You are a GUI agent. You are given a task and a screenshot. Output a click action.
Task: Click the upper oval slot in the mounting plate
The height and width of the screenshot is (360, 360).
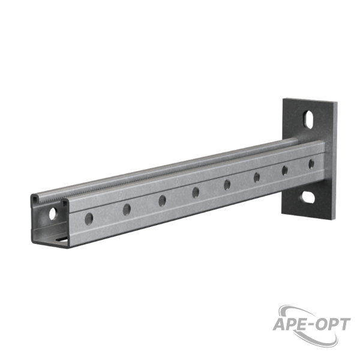[x=308, y=119]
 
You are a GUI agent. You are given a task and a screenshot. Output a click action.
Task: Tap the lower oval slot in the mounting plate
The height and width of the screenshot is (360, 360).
[x=308, y=197]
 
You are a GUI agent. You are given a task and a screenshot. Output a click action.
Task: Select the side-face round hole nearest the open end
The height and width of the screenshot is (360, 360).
[x=89, y=219]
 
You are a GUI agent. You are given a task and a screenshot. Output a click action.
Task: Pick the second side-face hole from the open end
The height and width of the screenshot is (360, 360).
[x=127, y=209]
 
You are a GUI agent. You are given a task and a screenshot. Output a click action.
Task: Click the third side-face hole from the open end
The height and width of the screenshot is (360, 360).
[x=163, y=201]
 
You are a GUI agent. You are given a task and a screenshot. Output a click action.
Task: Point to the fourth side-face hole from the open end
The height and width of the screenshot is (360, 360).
[x=196, y=193]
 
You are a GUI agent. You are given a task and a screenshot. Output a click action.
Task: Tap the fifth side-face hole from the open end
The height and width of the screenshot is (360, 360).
[x=227, y=185]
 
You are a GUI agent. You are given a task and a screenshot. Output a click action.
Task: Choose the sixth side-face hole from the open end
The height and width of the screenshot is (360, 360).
[x=257, y=178]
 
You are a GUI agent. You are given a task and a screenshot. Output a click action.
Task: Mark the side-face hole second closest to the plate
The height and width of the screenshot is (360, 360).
[x=284, y=170]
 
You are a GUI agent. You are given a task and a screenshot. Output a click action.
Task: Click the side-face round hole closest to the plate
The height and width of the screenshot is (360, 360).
[x=311, y=164]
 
